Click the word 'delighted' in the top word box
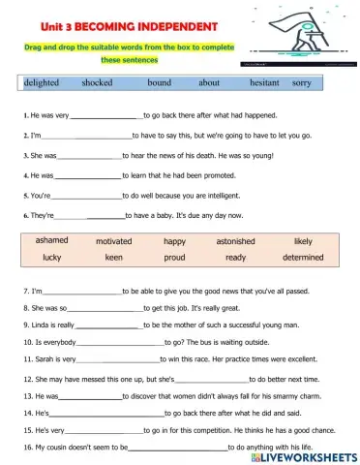(42, 83)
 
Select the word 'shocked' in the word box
(97, 83)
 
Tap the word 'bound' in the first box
(159, 83)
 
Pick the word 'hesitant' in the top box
(264, 83)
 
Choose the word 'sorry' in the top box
(302, 83)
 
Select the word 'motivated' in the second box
(114, 241)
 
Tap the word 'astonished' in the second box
(235, 241)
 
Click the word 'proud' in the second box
(174, 258)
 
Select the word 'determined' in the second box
(303, 258)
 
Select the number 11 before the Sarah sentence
(27, 359)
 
